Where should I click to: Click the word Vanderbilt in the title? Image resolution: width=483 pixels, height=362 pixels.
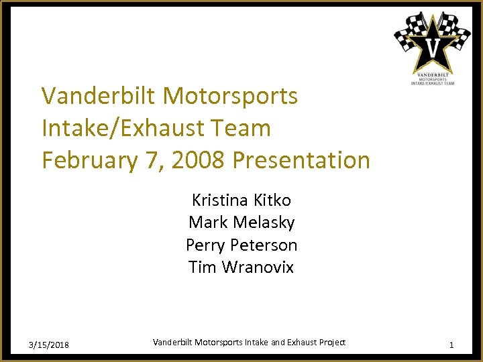coord(99,96)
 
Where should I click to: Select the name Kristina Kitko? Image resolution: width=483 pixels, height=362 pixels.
coord(241,200)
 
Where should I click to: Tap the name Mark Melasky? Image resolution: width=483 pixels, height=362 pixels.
coord(241,222)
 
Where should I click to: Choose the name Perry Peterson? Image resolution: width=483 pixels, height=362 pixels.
coord(241,245)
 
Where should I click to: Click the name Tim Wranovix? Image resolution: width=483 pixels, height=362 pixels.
coord(241,267)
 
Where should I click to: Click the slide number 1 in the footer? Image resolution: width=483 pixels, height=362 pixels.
coord(451,345)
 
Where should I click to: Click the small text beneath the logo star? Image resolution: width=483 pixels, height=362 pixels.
coord(433,78)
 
